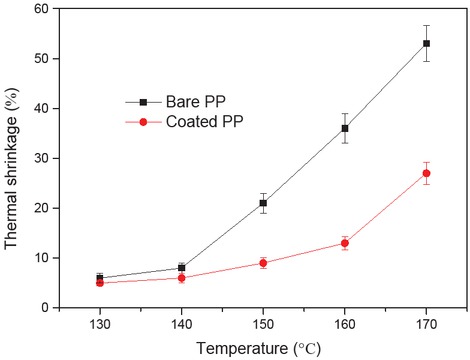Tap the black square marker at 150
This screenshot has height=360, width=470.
pos(263,203)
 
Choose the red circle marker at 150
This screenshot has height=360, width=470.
pos(263,263)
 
